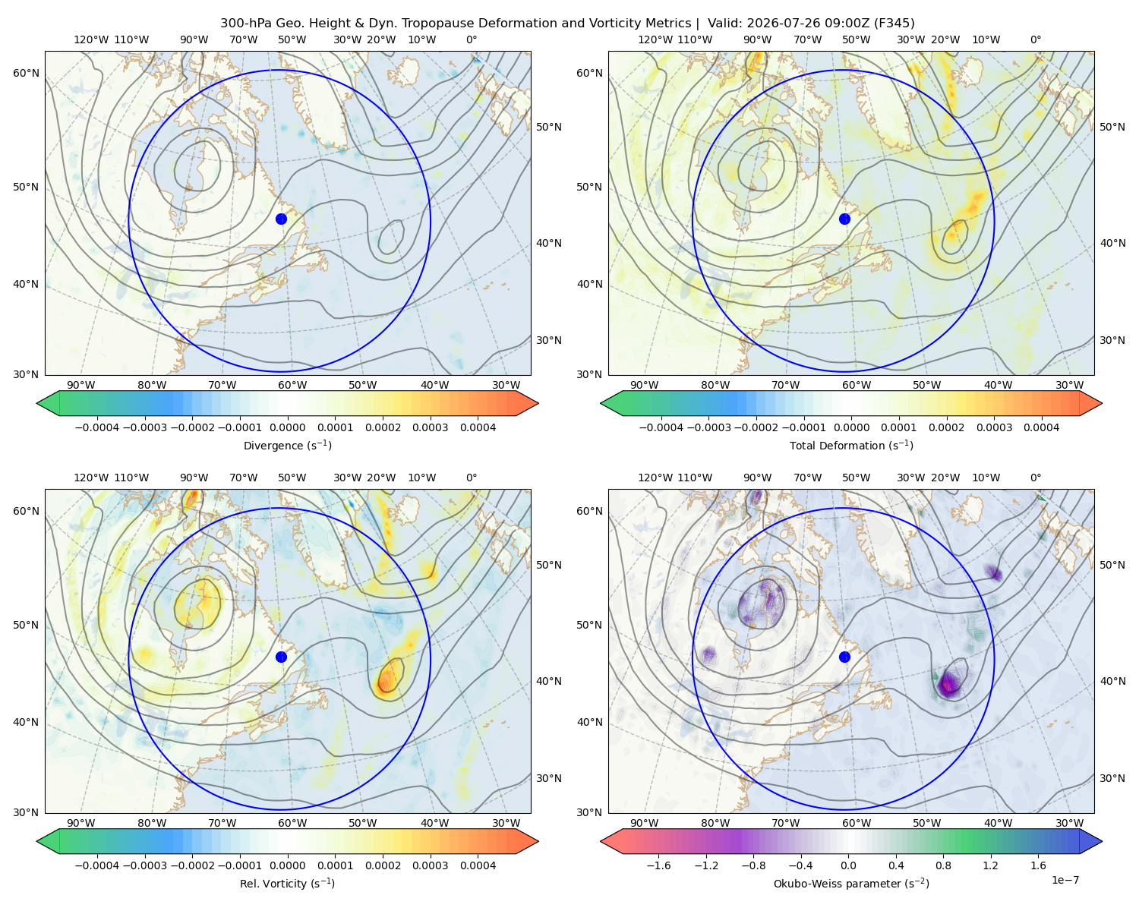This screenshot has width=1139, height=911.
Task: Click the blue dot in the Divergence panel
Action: (x=281, y=219)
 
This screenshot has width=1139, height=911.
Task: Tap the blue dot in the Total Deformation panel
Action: (x=844, y=219)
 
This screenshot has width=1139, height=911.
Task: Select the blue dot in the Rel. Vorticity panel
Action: (x=281, y=657)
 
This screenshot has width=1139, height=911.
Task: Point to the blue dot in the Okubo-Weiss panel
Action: (x=844, y=657)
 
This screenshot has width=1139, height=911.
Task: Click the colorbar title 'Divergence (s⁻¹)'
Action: (x=287, y=446)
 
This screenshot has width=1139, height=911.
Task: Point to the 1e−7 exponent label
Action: (x=1065, y=880)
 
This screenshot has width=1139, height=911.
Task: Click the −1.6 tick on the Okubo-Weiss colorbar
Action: (x=658, y=865)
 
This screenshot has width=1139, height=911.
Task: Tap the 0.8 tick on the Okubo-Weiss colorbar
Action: (x=943, y=865)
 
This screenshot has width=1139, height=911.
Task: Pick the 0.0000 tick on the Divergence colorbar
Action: (x=287, y=427)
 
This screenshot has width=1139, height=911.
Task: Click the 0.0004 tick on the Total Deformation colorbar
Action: (x=1041, y=427)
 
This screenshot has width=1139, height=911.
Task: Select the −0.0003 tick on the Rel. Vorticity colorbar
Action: (x=144, y=865)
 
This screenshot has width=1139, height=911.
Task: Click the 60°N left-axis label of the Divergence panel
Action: (x=26, y=73)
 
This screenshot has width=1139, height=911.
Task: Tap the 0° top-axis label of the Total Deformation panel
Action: (x=1035, y=39)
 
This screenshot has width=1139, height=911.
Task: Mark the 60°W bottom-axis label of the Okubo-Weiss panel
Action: (x=857, y=823)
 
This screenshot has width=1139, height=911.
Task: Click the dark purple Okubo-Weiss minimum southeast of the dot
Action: (x=948, y=685)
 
